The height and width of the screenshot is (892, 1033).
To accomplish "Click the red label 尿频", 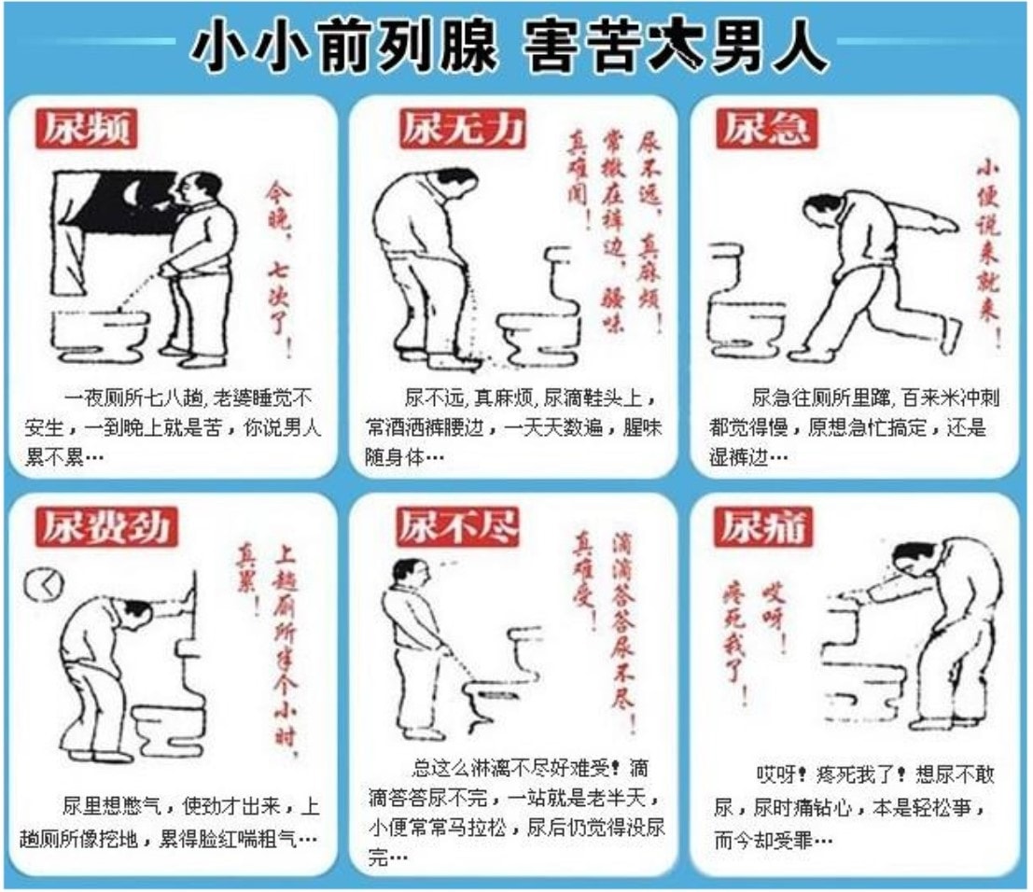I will click(85, 129).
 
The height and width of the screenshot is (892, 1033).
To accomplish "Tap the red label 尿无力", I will click(461, 128).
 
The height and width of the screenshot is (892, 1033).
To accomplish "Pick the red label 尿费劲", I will click(105, 527).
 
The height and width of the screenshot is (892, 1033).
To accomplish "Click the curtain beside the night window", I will click(71, 233).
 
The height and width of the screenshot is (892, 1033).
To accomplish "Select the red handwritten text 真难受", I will click(585, 569).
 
